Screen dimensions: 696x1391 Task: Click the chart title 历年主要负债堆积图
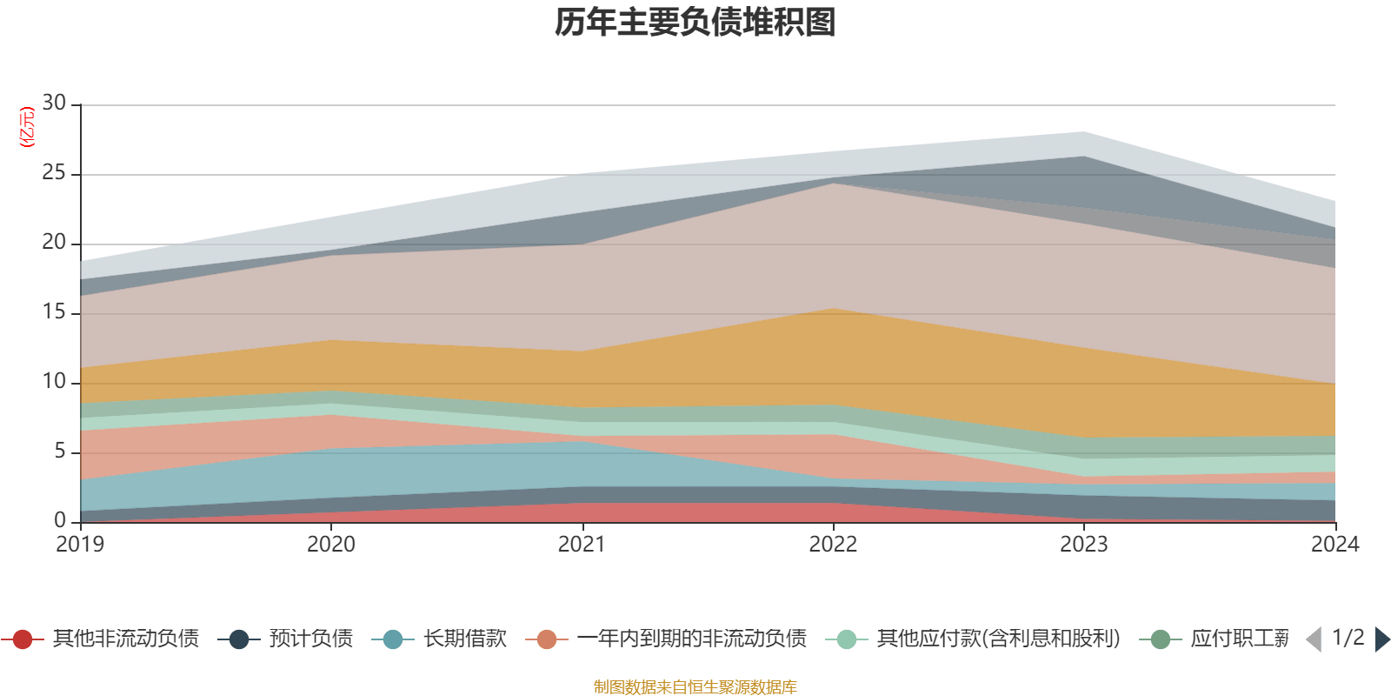click(695, 23)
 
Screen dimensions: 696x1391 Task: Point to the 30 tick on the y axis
click(54, 104)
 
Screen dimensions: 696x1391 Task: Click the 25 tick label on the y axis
click(54, 173)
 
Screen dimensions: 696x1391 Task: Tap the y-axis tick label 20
click(54, 243)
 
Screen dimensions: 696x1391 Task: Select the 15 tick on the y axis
click(54, 312)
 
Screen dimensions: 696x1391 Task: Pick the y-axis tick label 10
click(54, 382)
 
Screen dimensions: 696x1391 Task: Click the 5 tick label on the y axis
click(60, 452)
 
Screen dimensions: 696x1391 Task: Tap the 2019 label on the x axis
click(80, 545)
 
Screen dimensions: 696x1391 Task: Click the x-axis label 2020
click(331, 545)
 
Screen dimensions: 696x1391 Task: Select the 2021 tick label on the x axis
click(582, 545)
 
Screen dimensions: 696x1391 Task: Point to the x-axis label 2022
click(833, 545)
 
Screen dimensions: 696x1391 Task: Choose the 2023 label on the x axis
click(1084, 545)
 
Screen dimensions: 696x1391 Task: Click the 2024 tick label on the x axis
click(1334, 545)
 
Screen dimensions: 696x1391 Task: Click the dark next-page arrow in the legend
click(1381, 639)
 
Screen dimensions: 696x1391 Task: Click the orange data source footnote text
click(695, 687)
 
